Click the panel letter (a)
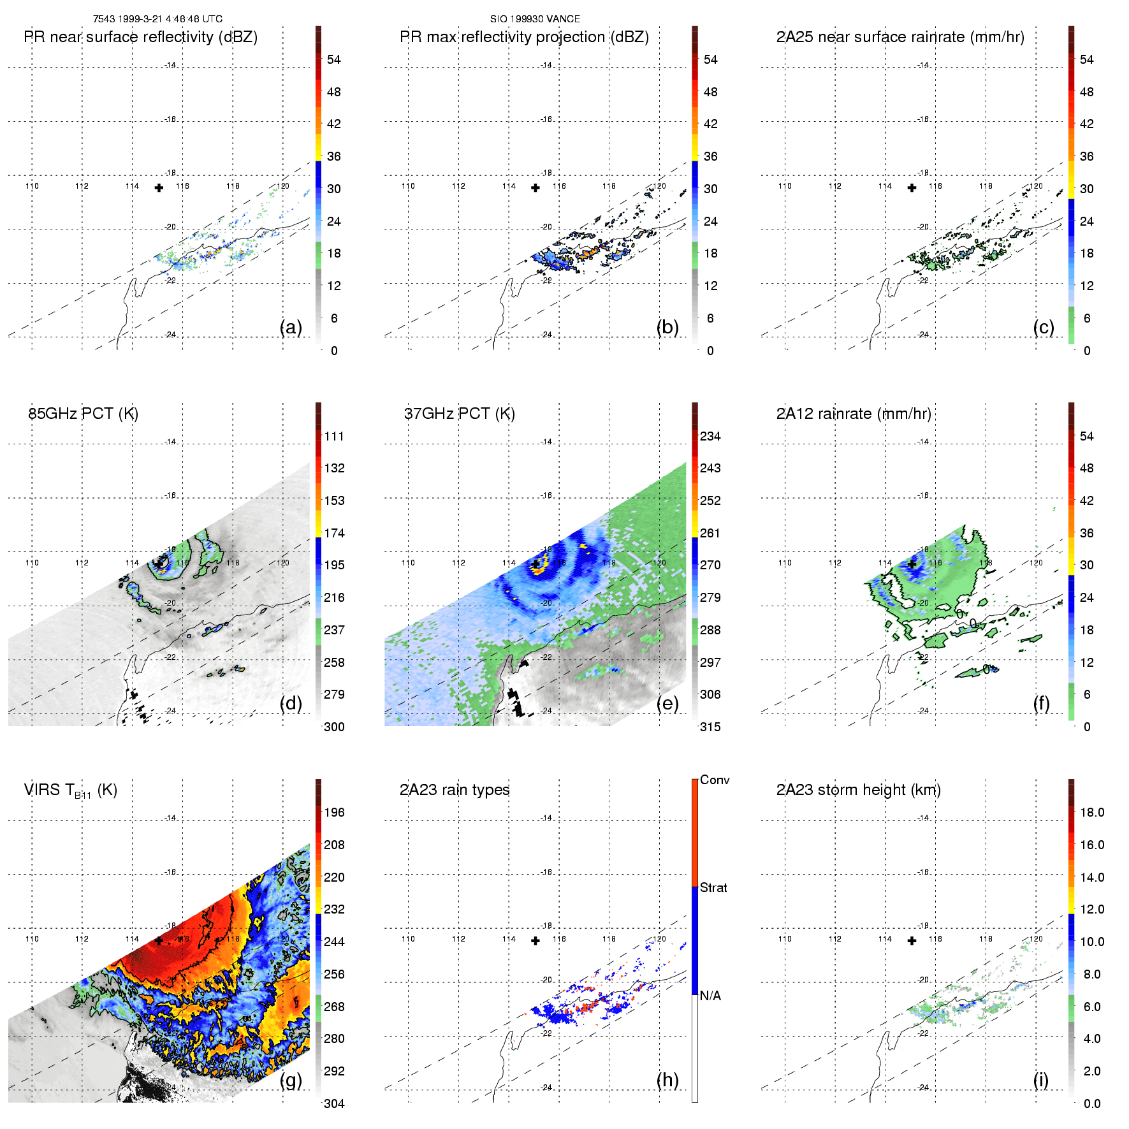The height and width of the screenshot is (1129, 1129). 291,328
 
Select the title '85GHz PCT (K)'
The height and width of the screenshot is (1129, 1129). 84,414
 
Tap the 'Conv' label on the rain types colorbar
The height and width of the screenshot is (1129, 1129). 715,780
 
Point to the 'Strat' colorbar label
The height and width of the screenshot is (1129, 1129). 713,888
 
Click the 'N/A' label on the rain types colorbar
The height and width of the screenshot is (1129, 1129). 710,996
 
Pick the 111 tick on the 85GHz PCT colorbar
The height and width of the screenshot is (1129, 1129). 334,437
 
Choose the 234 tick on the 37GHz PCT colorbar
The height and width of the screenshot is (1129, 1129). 710,437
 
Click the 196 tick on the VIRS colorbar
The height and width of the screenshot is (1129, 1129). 334,813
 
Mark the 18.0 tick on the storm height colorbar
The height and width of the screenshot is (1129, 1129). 1092,813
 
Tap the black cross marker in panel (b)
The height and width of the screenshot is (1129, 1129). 535,188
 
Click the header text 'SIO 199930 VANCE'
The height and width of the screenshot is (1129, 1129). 535,19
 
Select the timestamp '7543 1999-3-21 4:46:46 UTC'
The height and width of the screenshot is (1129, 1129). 157,19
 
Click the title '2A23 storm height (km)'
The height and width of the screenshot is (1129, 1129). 858,790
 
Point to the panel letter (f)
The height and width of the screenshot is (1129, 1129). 1042,704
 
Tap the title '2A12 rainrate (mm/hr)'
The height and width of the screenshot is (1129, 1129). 854,414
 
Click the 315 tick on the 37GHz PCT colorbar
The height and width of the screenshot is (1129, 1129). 710,727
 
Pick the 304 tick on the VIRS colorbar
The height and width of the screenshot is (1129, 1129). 334,1104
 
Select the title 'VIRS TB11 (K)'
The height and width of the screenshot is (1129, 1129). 71,790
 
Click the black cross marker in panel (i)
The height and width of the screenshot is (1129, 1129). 912,941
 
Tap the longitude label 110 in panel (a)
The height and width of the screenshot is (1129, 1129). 32,186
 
